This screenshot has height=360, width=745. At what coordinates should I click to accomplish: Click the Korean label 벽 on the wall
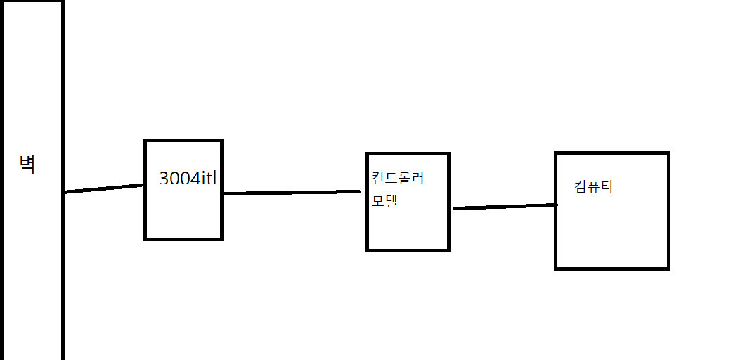point(27,165)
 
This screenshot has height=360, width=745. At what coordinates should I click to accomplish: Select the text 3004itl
point(188,179)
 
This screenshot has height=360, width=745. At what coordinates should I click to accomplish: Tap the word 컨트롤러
point(398,179)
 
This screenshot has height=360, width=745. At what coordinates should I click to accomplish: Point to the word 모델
point(384,201)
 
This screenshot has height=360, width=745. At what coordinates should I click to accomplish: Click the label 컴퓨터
point(593,186)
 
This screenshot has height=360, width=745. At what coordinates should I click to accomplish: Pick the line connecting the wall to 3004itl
point(103,188)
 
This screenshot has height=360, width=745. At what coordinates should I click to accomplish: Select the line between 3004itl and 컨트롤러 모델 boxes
point(291,193)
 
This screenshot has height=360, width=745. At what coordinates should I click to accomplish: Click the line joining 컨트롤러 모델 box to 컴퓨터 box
point(505,207)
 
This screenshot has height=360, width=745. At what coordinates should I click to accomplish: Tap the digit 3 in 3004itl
point(164,179)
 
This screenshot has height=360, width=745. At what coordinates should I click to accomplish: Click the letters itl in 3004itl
point(209,179)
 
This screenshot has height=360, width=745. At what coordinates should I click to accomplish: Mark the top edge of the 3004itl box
point(183,141)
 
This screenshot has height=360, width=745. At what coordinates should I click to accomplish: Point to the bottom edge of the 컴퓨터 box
point(612,269)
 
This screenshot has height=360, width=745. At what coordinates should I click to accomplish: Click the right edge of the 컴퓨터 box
point(668,211)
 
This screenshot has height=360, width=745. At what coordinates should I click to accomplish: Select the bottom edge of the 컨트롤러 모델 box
point(408,250)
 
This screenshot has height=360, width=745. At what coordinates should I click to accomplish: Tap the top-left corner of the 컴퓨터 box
point(556,153)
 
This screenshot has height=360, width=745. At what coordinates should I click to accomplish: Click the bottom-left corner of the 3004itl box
point(145,239)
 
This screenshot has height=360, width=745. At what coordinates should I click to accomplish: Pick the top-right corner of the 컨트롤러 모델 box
point(448,153)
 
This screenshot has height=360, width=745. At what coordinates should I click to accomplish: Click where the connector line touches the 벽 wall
point(64,192)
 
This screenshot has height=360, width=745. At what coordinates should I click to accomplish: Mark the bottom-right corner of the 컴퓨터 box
point(668,269)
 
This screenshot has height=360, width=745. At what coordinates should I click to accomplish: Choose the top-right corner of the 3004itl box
point(221,141)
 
